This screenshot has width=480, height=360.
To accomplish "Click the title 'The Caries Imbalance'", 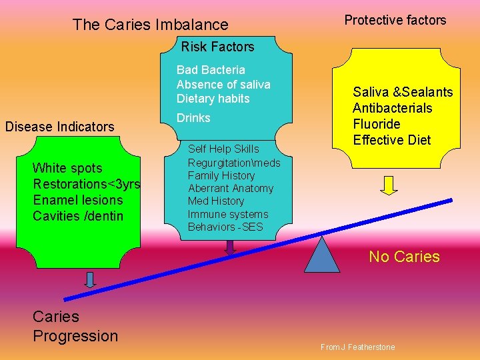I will (x=150, y=25).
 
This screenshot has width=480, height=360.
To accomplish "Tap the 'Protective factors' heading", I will (x=395, y=20).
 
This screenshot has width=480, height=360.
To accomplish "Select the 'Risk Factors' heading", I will (x=217, y=47).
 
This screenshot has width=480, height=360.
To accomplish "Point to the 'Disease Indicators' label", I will (x=59, y=127).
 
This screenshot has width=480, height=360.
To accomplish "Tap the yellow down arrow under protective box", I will (x=389, y=185).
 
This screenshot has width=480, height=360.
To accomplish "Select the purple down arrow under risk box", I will (x=230, y=247).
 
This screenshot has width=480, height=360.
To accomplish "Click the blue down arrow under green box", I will (x=90, y=279).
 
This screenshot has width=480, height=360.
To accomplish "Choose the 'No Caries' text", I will (x=404, y=257).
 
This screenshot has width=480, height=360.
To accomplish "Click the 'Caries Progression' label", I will (x=75, y=326).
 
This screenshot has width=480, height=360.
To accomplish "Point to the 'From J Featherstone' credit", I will (x=357, y=347).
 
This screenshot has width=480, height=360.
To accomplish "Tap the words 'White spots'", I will (x=67, y=168).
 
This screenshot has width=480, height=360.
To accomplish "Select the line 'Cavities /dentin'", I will (x=78, y=216).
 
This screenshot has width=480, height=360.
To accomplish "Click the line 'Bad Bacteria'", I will (x=211, y=70).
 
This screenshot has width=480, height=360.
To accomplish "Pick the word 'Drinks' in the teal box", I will (x=193, y=118).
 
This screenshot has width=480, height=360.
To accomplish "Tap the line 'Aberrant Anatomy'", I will (x=230, y=189).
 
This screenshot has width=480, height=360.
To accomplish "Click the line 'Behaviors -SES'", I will (x=225, y=227).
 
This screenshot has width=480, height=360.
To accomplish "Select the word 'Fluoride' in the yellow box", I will (x=376, y=124).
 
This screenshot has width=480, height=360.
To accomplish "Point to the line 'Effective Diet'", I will (x=391, y=140).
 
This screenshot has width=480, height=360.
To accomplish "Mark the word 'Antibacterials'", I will (x=392, y=108).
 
